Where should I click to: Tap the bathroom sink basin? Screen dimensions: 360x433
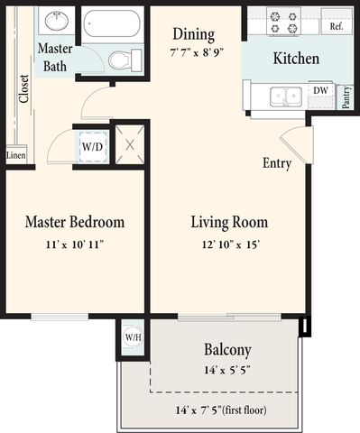56,21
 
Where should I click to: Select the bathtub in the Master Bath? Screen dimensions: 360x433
112,23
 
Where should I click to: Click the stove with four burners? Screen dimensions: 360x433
283,22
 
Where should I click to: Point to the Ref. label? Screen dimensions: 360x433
337,26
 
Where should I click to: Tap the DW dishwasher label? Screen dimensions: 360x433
320,90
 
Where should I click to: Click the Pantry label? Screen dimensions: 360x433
346,97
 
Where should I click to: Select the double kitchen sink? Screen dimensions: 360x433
286,97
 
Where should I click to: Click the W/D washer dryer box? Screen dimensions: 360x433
93,146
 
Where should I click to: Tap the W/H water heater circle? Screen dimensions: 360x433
134,336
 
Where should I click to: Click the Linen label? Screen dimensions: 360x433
16,155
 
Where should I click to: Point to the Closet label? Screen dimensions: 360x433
23,88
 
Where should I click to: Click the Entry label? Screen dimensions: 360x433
277,163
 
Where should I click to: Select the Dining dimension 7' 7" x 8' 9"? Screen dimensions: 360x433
197,53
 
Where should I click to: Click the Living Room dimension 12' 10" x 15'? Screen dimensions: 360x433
231,244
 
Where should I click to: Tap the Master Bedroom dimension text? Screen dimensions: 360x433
75,244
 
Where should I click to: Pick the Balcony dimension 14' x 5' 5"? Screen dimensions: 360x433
227,370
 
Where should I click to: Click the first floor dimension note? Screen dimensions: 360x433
221,410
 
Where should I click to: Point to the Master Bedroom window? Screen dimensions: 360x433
60,317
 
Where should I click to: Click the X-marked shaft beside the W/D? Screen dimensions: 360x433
130,145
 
